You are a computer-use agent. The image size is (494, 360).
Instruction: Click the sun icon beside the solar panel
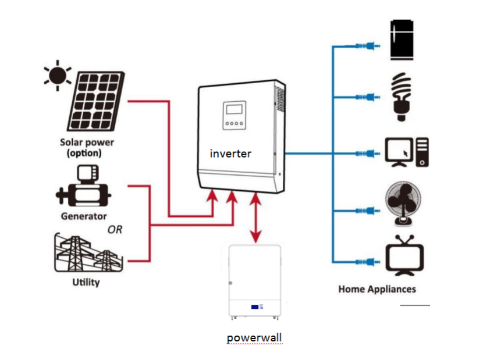[x=58, y=76]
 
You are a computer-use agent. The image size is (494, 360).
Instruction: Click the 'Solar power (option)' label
[x=87, y=148]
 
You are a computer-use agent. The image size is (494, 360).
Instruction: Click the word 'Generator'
[x=84, y=216]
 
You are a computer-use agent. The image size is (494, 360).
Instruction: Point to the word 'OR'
[x=115, y=230]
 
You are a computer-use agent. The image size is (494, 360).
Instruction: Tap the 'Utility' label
[x=86, y=283]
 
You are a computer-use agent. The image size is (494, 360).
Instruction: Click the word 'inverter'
[x=230, y=154]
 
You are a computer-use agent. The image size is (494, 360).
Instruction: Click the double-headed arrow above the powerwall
[x=255, y=218]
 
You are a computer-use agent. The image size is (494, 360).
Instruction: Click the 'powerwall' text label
[x=254, y=337]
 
